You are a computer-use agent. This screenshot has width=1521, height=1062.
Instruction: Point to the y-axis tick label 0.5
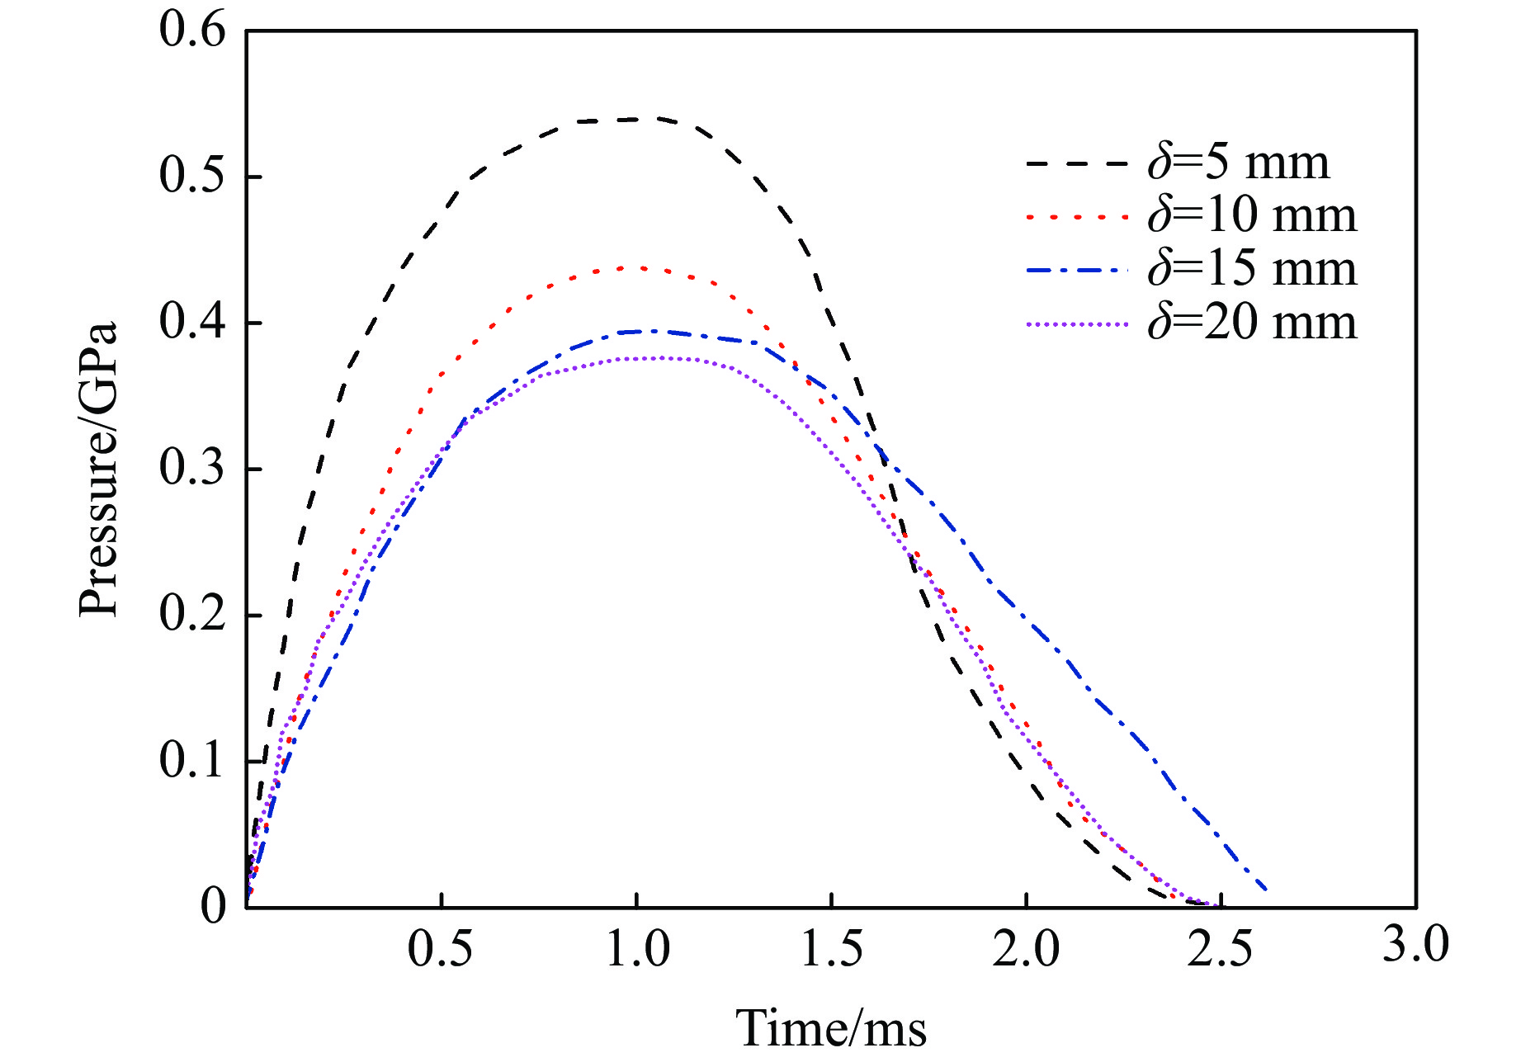pos(191,177)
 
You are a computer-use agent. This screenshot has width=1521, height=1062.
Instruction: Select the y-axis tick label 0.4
pos(191,323)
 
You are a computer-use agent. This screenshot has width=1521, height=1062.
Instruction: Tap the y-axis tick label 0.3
pos(191,469)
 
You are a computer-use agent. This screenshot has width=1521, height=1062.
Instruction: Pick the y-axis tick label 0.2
pos(191,615)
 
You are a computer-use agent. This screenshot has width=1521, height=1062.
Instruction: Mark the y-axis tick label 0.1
pos(191,760)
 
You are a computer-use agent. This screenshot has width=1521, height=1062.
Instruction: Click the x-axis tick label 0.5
pos(441,948)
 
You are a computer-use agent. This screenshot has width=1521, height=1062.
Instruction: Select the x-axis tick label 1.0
pos(637,948)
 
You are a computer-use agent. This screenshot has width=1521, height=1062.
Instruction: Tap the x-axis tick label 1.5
pos(832,948)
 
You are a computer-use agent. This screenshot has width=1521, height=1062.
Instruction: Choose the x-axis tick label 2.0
pos(1026,948)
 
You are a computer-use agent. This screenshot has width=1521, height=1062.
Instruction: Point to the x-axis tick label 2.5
pos(1221,948)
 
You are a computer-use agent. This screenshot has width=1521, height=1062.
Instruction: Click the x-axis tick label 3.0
pos(1415,944)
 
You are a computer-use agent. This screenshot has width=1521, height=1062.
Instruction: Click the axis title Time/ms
pos(831,1028)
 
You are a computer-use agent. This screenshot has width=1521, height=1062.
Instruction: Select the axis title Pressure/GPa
pos(99,469)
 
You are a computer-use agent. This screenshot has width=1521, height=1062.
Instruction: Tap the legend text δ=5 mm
pos(1238,163)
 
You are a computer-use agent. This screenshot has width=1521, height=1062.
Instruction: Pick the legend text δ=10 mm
pos(1252,216)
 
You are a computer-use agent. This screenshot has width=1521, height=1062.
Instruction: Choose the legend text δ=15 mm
pos(1252,270)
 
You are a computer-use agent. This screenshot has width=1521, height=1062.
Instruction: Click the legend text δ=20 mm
pos(1252,323)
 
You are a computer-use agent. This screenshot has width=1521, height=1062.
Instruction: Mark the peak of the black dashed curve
pos(635,119)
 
